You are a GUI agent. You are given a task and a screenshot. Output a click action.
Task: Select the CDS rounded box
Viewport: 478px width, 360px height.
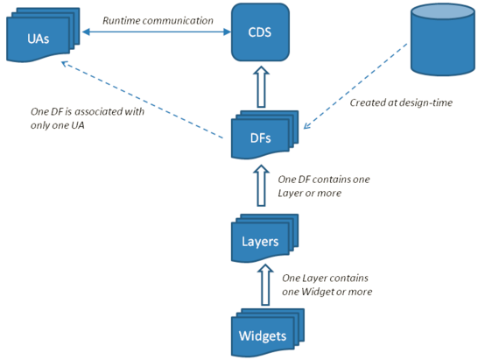coord(260,32)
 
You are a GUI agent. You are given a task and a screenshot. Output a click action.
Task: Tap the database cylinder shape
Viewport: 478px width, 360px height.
coord(442,39)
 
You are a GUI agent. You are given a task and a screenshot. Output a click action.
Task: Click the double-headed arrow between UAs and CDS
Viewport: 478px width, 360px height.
coord(157,32)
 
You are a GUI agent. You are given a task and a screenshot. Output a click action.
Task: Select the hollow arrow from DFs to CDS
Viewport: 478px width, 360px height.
coord(261,87)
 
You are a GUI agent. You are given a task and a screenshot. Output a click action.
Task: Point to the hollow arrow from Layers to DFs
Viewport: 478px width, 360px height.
coord(261,186)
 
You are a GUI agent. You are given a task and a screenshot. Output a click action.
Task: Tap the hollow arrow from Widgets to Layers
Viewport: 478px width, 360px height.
coord(265,285)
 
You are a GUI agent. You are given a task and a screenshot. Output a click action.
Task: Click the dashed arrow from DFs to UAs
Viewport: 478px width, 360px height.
coord(142,100)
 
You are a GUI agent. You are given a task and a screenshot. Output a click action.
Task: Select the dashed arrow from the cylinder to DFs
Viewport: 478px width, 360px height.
coord(355,87)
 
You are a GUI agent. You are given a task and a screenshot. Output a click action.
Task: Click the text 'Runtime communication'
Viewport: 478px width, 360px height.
coord(158,20)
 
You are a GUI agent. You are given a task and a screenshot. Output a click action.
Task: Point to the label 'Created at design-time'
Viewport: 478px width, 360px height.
coord(401,102)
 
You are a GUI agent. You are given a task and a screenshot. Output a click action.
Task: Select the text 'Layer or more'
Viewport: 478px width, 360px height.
coord(309,193)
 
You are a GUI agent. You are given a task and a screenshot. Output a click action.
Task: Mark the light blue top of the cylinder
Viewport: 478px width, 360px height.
coord(442,12)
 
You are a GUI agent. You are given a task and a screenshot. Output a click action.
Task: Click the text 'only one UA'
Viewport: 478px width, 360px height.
coord(57,125)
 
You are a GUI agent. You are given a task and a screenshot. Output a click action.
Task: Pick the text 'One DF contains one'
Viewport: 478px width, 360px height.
coord(324,180)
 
